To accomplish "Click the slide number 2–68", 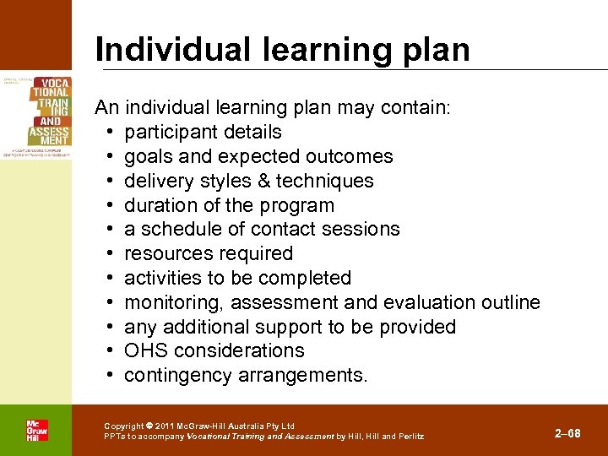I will tap(567, 433).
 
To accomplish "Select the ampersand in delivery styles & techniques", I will tap(263, 181).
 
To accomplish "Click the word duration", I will tap(160, 205).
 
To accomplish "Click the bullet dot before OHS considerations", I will tap(111, 350).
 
